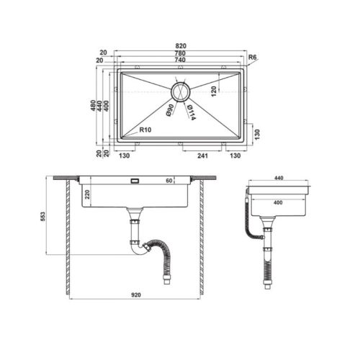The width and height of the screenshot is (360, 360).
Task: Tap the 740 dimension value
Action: tap(180, 60)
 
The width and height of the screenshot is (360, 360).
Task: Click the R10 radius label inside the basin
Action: tap(145, 130)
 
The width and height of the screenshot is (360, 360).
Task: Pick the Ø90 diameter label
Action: tap(170, 111)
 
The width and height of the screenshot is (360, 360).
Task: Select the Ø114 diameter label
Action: tap(191, 113)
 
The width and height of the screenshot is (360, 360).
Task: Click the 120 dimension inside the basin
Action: tap(214, 91)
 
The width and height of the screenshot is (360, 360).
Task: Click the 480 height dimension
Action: tap(93, 105)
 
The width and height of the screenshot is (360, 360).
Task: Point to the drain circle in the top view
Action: tap(180, 91)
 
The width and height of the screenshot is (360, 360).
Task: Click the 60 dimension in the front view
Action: tap(170, 181)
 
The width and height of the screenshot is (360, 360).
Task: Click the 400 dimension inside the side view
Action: tap(278, 203)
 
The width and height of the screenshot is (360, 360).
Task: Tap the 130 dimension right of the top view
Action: tap(257, 131)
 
